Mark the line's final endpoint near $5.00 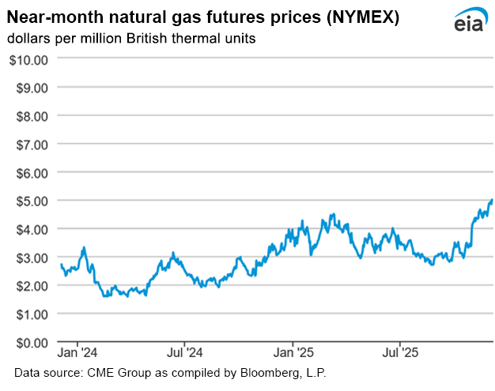click(x=492, y=201)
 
